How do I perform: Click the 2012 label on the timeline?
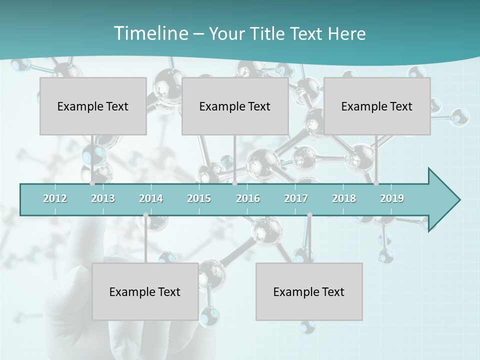[x=55, y=198]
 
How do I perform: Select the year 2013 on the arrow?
[x=103, y=198]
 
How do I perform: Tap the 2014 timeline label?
[x=151, y=198]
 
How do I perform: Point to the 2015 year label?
[x=199, y=198]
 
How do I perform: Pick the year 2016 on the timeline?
[x=248, y=198]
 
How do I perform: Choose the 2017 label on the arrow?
[x=296, y=198]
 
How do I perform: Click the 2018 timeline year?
[x=344, y=198]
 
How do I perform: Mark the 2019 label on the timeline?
[x=392, y=198]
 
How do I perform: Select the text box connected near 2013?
[x=93, y=106]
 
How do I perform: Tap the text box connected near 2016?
[x=235, y=106]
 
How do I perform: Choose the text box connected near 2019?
[x=377, y=106]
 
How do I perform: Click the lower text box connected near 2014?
[x=145, y=291]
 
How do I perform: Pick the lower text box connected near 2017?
[x=309, y=291]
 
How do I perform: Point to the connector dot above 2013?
[x=92, y=183]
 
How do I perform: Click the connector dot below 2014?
[x=145, y=215]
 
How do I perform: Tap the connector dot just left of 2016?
[x=234, y=183]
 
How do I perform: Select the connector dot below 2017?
[x=309, y=215]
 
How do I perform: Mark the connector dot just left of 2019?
[x=376, y=183]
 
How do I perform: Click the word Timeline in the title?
[x=150, y=33]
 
